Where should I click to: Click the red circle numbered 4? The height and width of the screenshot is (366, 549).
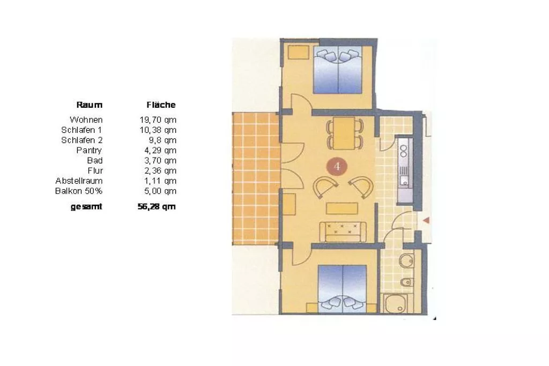click(x=337, y=167)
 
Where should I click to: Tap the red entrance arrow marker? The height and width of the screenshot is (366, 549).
click(x=426, y=220)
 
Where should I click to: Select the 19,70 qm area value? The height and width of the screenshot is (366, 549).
click(x=158, y=120)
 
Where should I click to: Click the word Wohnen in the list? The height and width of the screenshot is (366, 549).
click(x=86, y=119)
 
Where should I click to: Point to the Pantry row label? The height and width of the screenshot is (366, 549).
click(x=90, y=151)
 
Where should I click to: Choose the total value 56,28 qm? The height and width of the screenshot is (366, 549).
click(x=157, y=206)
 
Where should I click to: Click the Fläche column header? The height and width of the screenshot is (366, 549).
click(x=161, y=104)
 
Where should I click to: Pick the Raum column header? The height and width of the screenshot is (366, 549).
click(x=90, y=104)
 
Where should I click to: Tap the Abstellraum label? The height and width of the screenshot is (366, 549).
click(x=79, y=181)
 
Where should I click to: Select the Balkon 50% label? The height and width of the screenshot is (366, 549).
click(x=79, y=191)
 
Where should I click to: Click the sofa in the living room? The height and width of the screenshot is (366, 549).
click(x=343, y=231)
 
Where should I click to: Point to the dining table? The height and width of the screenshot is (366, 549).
click(x=344, y=132)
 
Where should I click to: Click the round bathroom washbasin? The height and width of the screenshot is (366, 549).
click(x=406, y=260)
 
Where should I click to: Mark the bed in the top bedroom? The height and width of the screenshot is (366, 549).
click(x=338, y=70)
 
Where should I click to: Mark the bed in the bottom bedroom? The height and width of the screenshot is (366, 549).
click(x=342, y=289)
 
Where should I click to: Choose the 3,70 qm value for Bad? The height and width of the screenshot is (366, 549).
click(x=160, y=161)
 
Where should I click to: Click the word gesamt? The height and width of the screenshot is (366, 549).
click(x=86, y=207)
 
